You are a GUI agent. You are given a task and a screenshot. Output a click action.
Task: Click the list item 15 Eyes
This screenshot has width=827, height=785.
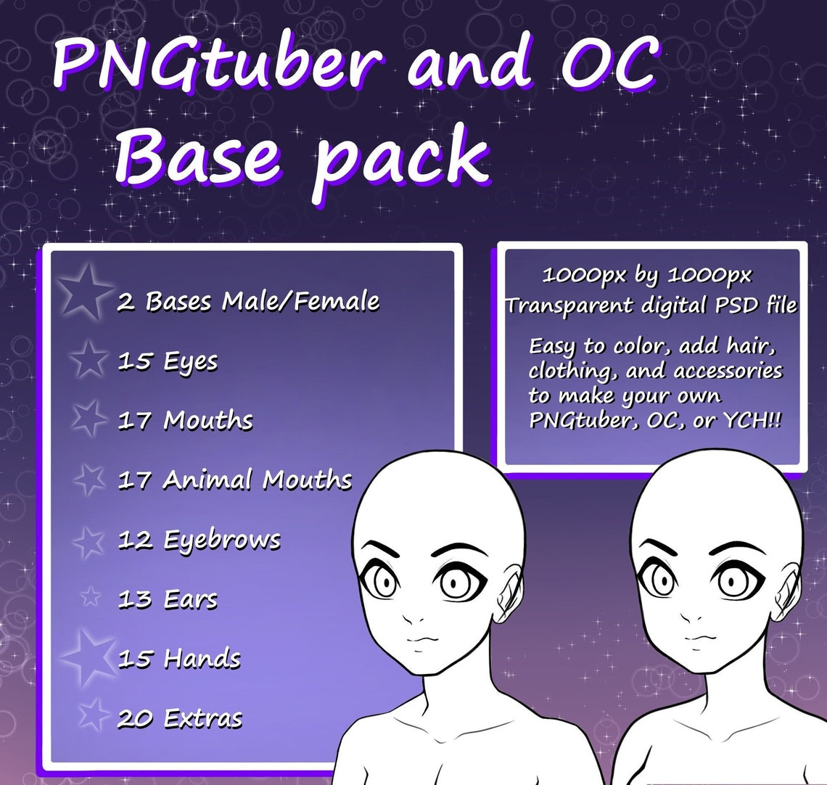tap(168, 361)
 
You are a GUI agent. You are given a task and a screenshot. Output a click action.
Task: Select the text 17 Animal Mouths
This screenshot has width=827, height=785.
tap(235, 480)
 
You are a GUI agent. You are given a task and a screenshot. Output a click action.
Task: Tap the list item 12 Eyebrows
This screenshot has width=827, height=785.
tap(199, 540)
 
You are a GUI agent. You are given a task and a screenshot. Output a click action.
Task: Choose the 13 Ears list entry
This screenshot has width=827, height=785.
tap(168, 599)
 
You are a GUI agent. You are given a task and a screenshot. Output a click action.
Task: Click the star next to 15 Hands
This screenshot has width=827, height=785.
tap(91, 657)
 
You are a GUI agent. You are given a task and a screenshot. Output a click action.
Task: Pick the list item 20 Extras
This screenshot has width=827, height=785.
tap(179, 718)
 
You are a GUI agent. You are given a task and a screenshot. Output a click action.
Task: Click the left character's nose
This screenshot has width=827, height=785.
tap(416, 619)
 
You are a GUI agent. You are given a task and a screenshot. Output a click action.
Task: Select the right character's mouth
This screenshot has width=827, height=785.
tap(697, 639)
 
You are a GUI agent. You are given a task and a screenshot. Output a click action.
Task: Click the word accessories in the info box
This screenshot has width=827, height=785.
tap(728, 371)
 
